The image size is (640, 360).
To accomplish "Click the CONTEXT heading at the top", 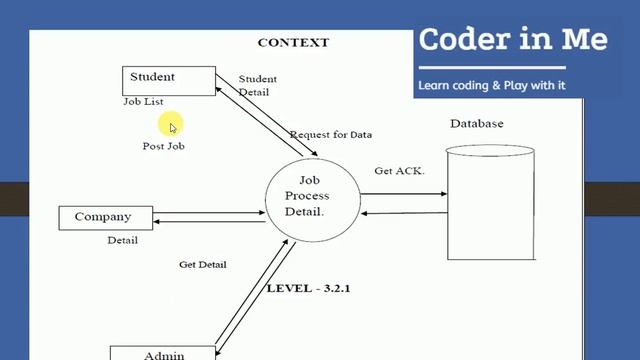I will click(293, 42).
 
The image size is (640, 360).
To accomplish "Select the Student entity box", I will click(168, 79).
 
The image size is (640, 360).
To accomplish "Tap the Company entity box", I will click(104, 217).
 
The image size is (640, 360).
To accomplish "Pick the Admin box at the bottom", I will click(163, 353).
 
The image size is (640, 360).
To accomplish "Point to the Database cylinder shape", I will click(490, 205).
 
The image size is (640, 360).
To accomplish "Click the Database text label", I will click(476, 124).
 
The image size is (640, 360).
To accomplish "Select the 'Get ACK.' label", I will click(399, 171).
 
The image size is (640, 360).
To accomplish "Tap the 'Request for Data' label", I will click(330, 135).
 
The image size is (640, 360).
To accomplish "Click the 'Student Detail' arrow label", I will click(257, 85).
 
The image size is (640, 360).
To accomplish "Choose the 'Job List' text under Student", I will click(143, 102).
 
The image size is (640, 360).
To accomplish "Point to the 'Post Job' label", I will click(163, 146).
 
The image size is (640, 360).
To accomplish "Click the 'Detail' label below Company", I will click(123, 240).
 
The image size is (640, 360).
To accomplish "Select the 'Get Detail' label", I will click(202, 265).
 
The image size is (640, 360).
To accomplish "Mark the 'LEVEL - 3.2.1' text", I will click(309, 288).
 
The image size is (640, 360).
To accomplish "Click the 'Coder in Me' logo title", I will click(512, 40).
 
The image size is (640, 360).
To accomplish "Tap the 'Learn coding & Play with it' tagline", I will click(492, 85).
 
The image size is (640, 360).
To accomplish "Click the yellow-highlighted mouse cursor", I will click(172, 126).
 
